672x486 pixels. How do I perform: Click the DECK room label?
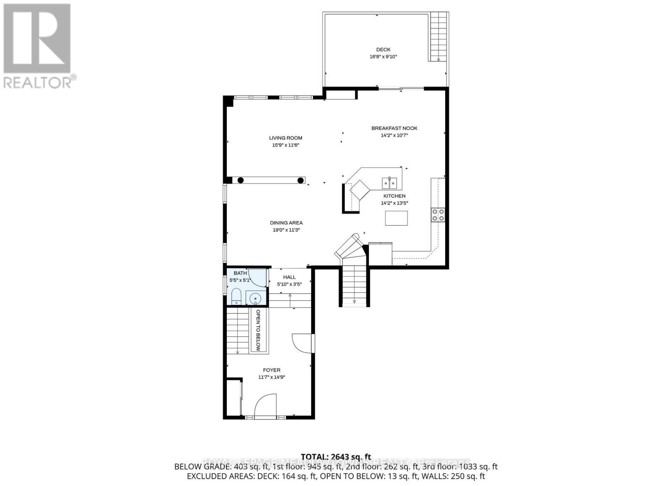[383, 50]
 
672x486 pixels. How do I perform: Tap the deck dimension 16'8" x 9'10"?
[381, 57]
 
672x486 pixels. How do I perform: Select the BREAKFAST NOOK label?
[394, 128]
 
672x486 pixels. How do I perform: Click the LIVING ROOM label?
[286, 138]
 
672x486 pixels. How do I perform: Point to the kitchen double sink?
[389, 183]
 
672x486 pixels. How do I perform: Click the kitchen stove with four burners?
[438, 215]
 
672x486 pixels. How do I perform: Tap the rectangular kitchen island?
[396, 218]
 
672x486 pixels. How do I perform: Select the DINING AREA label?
[286, 223]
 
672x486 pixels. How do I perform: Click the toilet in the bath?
[236, 297]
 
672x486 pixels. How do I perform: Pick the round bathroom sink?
[255, 299]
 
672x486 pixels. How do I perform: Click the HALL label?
[289, 277]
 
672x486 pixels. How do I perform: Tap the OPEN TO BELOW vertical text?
[258, 331]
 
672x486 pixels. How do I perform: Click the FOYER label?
[272, 370]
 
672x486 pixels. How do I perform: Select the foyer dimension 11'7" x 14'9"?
[272, 377]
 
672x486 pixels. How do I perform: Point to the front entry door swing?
[265, 405]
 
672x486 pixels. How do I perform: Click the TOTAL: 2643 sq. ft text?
[336, 457]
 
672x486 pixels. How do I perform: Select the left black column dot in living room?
[241, 180]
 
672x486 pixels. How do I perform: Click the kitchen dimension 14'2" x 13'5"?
[394, 203]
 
